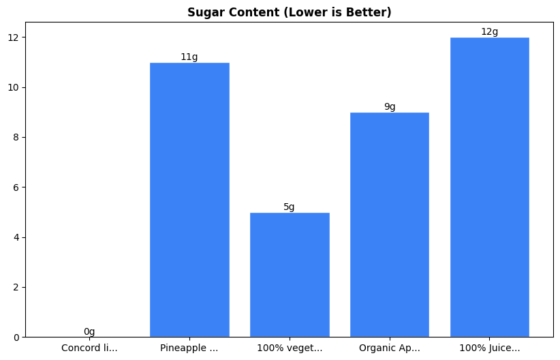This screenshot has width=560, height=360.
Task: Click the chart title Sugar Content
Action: [x=289, y=12]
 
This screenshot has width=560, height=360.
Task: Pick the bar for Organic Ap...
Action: [x=390, y=224]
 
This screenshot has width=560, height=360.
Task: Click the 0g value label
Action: [x=89, y=331]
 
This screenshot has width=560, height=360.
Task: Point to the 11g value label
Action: [x=189, y=57]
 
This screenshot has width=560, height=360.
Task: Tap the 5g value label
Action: [x=290, y=207]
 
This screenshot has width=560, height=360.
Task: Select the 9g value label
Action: [x=390, y=106]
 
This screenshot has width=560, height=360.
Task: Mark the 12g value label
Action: [x=490, y=31]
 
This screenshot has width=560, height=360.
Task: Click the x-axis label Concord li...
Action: [x=89, y=348]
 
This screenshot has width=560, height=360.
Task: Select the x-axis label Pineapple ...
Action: [x=189, y=348]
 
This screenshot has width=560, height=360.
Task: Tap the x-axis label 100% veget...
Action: [x=290, y=348]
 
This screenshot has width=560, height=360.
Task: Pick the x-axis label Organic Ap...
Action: [x=390, y=348]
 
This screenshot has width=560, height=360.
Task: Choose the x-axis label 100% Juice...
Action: [x=490, y=348]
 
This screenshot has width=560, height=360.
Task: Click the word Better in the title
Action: [x=371, y=12]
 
